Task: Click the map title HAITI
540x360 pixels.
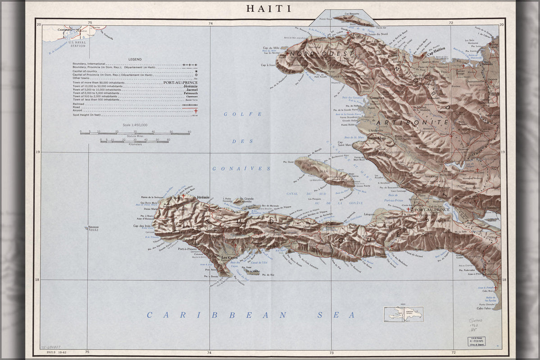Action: [268, 9]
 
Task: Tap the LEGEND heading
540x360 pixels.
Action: [135, 59]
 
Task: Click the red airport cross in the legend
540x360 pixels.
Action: [196, 111]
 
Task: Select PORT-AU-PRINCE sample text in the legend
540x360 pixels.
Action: [181, 83]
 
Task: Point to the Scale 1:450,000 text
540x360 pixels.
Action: [135, 125]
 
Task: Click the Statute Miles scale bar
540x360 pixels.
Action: [135, 133]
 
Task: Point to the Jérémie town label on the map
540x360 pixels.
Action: [204, 198]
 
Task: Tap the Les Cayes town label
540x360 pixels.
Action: [230, 257]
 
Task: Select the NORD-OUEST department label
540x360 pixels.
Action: [315, 54]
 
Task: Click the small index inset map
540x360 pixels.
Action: [403, 314]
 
